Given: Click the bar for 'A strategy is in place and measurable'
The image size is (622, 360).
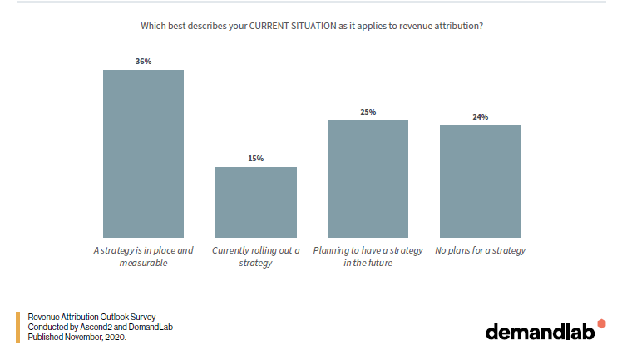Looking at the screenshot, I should (143, 154).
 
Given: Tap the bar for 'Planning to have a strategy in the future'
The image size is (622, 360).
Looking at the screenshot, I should (368, 179).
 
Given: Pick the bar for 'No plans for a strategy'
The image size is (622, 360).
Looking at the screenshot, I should (480, 181).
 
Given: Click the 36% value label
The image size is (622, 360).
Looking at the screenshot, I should (143, 62).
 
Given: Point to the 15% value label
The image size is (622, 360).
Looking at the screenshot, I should (255, 159).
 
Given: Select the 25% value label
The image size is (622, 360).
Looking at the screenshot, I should (368, 111).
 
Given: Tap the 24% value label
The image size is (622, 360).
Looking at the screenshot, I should (480, 116).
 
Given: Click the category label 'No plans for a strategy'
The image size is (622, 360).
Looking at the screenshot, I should (480, 250).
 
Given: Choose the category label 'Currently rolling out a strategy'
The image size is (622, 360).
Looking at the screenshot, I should (255, 256).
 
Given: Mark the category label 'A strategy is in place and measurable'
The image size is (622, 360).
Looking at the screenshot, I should (143, 256).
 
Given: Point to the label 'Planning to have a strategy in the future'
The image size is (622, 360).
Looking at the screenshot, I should (368, 256).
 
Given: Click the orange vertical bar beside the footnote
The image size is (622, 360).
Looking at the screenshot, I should (17, 327).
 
